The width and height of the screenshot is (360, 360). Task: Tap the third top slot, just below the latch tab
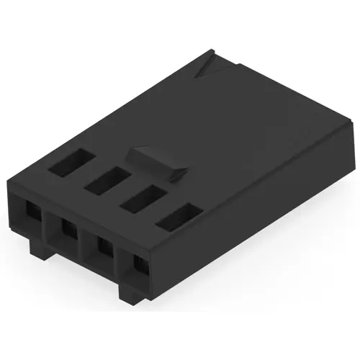click(x=141, y=198)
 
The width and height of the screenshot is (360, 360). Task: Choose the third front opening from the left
click(x=102, y=250)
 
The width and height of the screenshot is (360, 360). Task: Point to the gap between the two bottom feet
click(x=79, y=272)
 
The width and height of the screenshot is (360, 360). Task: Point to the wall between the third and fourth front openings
click(x=120, y=261)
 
